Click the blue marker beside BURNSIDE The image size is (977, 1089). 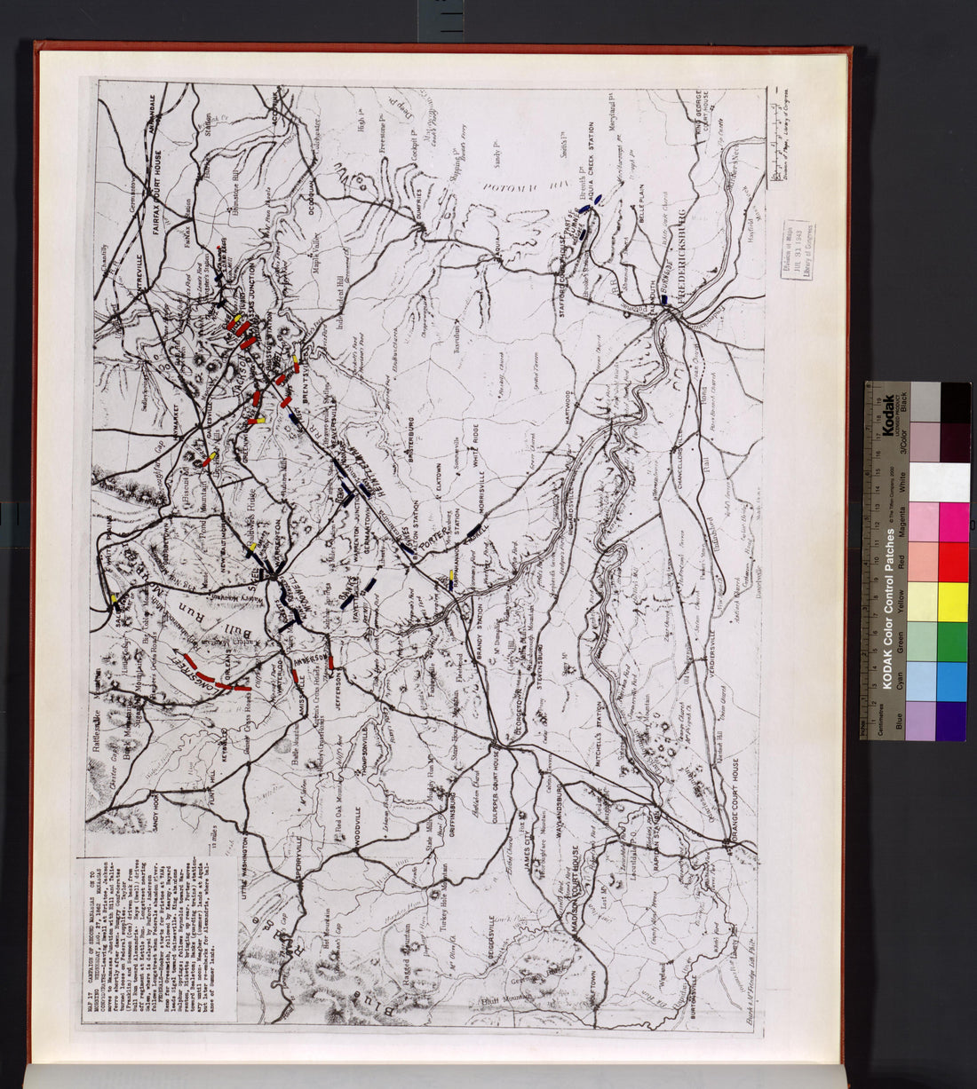[663, 302]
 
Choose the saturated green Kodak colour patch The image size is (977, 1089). [955, 642]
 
